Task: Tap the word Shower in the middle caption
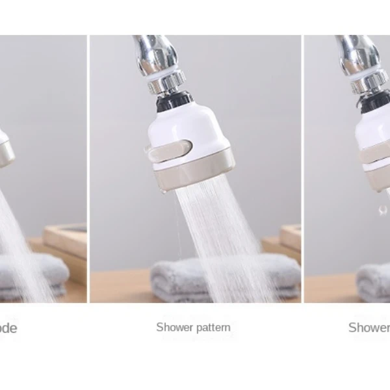tap(173, 327)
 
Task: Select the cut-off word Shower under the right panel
tap(369, 327)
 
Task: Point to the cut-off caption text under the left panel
tap(8, 328)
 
